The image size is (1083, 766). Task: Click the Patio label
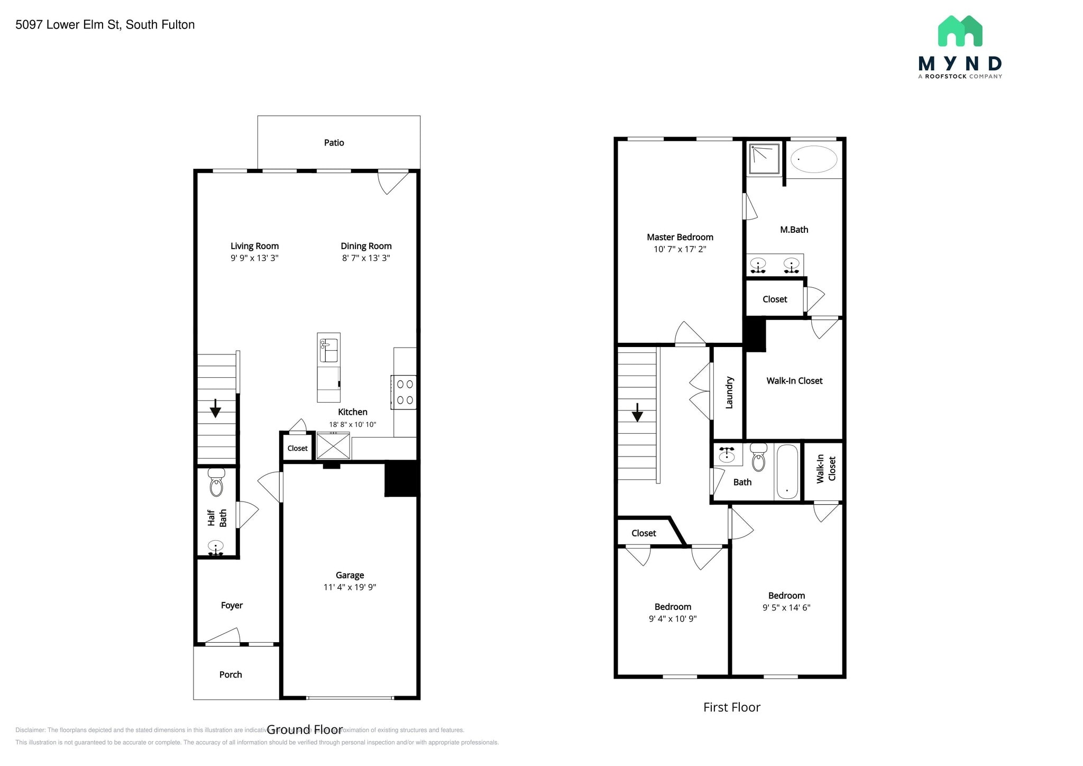(x=334, y=143)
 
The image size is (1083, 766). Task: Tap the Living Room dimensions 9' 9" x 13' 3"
(x=254, y=258)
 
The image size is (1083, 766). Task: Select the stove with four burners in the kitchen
(x=405, y=392)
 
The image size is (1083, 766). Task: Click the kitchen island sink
(x=328, y=350)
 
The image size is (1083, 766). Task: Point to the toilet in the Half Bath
(x=216, y=483)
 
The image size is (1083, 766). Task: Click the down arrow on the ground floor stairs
(x=215, y=408)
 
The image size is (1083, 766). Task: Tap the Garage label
(x=350, y=575)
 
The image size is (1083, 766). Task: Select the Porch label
(x=231, y=674)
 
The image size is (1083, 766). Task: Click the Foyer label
(x=232, y=605)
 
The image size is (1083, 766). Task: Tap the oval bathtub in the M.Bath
(x=813, y=159)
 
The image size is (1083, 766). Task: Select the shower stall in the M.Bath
(x=764, y=158)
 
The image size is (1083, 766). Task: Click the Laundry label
(x=729, y=393)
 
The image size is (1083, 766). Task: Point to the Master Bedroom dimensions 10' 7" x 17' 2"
(x=680, y=249)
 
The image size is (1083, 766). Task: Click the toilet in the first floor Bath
(x=758, y=458)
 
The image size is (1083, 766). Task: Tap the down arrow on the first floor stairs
(x=637, y=412)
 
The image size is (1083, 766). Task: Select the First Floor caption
(x=731, y=707)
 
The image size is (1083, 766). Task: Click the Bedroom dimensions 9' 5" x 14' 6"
(x=786, y=608)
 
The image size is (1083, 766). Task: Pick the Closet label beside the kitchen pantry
(x=297, y=448)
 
